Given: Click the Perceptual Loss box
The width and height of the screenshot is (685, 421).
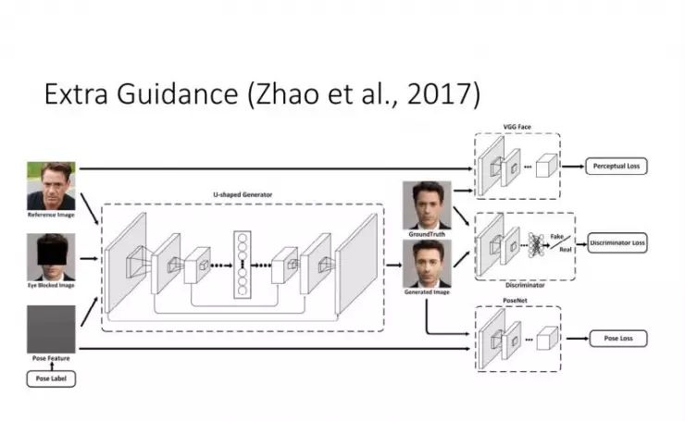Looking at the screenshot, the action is [x=616, y=167].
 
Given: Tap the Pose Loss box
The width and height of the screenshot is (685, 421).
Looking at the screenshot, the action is [x=616, y=339].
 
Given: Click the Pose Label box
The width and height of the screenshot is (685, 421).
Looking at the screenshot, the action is [x=50, y=378].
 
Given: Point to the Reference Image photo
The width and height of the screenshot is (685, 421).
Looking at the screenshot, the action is [x=50, y=185].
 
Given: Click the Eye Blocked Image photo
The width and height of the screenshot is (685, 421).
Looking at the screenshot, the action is [x=50, y=256].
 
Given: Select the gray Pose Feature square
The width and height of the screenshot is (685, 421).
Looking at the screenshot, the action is [x=50, y=328].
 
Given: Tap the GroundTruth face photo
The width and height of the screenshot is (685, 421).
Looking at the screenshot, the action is [x=427, y=204].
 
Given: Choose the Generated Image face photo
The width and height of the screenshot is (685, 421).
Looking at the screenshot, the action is [x=427, y=264].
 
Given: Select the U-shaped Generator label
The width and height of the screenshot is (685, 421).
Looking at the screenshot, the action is [x=242, y=195].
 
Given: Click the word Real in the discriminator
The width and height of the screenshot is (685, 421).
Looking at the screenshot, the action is [x=565, y=251].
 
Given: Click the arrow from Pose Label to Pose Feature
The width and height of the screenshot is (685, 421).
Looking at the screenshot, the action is [x=50, y=365].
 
